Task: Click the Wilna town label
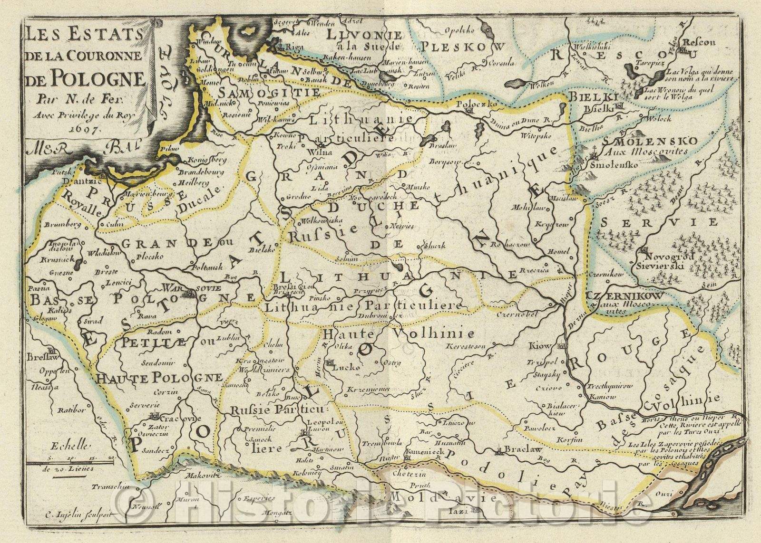[310, 153]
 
